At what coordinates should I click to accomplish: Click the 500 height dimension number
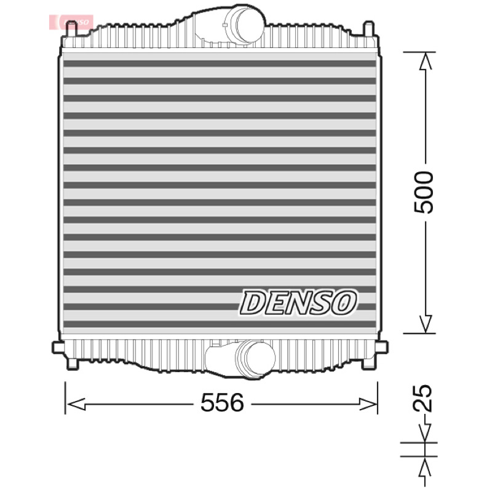coord(424,192)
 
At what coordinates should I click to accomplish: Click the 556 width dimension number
coord(222,403)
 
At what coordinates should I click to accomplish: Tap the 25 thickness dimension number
coord(422,397)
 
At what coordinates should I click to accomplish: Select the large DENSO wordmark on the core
coord(298,302)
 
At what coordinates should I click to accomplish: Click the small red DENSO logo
coord(71,22)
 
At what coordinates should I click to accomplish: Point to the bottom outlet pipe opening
coord(259,358)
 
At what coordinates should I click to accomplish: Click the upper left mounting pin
coord(72,29)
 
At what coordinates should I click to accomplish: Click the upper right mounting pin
coord(368,29)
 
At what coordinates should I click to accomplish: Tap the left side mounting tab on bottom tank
coord(57,347)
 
